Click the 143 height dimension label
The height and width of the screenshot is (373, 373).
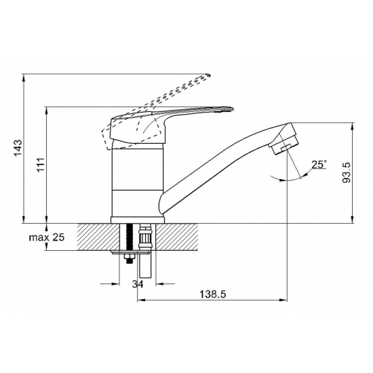(x=18, y=148)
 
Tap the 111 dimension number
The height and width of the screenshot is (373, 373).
(x=41, y=165)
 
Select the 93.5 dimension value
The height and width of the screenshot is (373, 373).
(x=347, y=172)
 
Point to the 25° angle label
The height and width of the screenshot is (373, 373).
(x=319, y=164)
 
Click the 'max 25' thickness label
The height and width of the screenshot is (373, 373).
(x=47, y=237)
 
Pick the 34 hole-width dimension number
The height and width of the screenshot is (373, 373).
(x=138, y=283)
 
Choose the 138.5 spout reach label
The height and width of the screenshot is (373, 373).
(x=212, y=294)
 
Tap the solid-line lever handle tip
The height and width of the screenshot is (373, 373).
(x=231, y=109)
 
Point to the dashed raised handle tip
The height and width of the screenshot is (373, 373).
(x=209, y=75)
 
